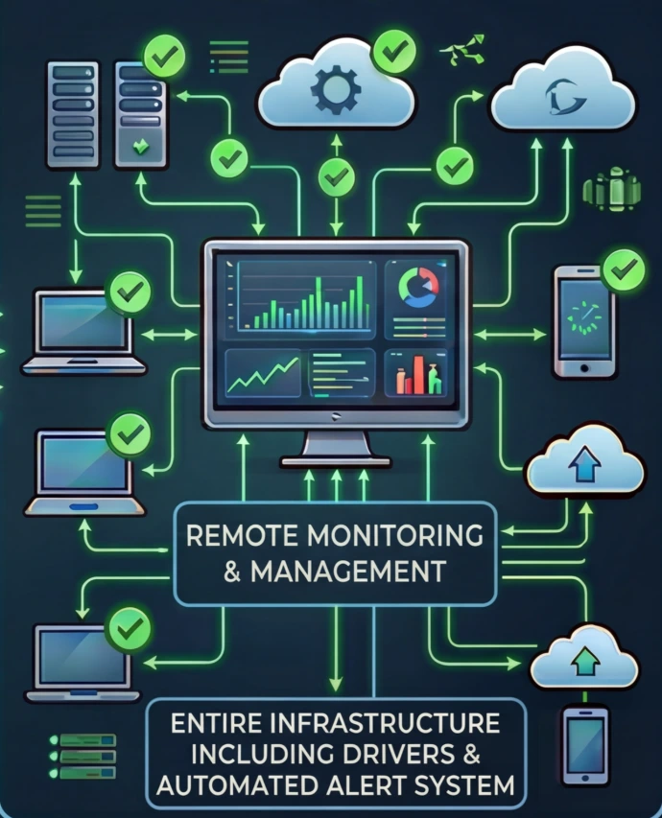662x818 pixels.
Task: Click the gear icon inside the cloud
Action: (x=336, y=91)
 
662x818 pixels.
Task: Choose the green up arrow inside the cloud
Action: (x=582, y=659)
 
